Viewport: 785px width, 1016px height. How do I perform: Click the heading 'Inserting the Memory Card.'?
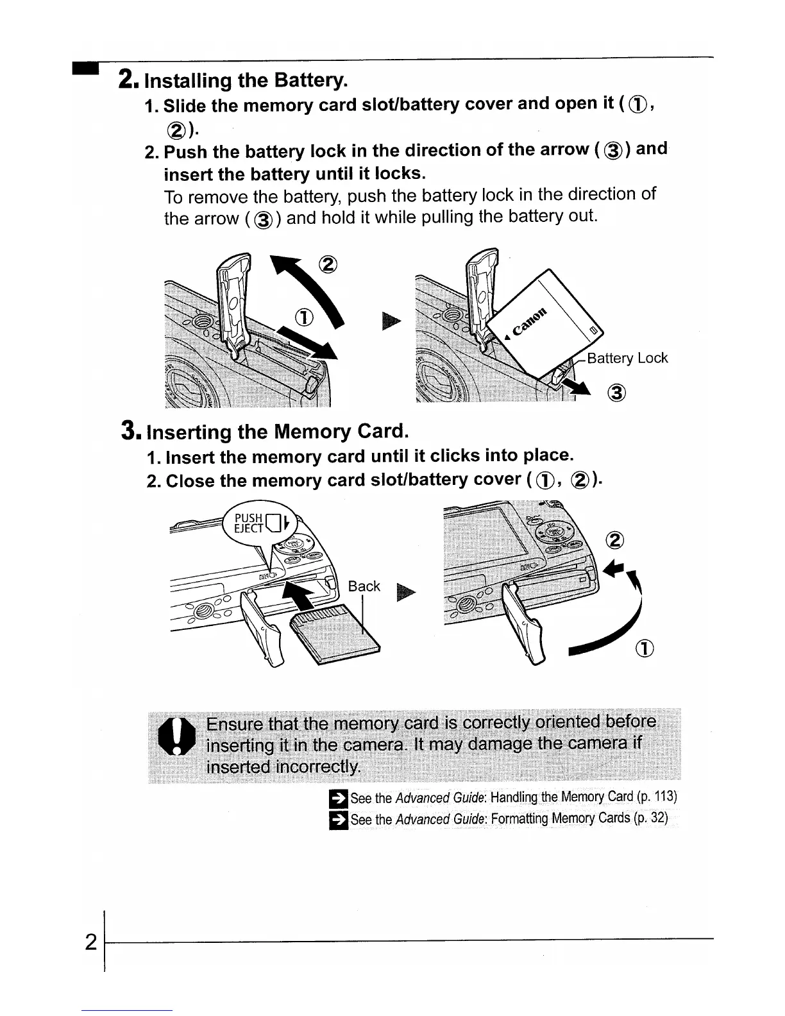pos(277,432)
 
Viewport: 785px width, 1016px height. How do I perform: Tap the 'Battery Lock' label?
pos(627,358)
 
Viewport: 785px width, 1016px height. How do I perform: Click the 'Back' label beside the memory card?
pos(364,586)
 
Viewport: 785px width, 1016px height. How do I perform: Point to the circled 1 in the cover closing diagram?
pos(645,648)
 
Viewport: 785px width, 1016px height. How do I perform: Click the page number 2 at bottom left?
pos(91,942)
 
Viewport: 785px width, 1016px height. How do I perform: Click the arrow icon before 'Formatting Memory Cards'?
pos(337,820)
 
